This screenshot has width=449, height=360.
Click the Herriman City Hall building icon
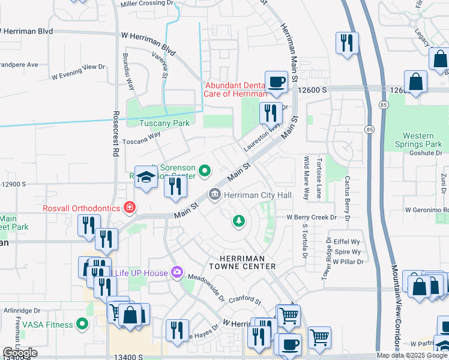pos(214,195)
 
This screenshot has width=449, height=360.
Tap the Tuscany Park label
pos(164,123)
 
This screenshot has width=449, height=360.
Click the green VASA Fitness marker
pos(82,325)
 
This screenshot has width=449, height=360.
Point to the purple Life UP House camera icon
pos(176,273)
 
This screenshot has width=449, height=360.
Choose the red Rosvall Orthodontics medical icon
pos(128,208)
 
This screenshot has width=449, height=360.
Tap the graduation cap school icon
pos(145,177)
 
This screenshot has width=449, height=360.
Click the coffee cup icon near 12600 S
pos(276,81)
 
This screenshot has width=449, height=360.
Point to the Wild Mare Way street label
pos(307,178)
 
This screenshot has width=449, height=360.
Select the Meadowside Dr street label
pos(205,289)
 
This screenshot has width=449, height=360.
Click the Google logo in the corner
pos(20,353)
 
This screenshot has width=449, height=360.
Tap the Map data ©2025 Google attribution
pos(412,355)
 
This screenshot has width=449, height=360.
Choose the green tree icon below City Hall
pos(239,221)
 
